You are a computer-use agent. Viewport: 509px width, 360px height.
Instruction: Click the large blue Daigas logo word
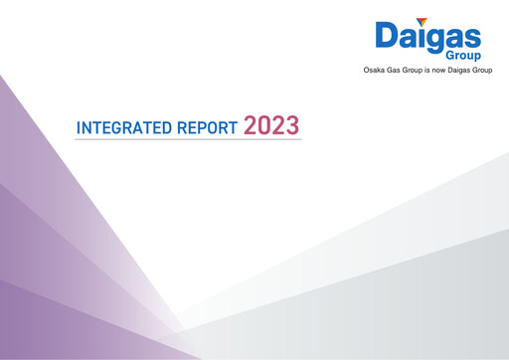point(427,38)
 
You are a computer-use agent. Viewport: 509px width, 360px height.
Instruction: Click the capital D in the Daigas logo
point(387,38)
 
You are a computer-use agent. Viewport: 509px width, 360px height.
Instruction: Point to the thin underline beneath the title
point(188,140)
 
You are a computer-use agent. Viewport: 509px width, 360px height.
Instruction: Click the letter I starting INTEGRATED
point(79,129)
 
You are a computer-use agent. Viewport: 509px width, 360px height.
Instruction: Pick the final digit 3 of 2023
point(292,127)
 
